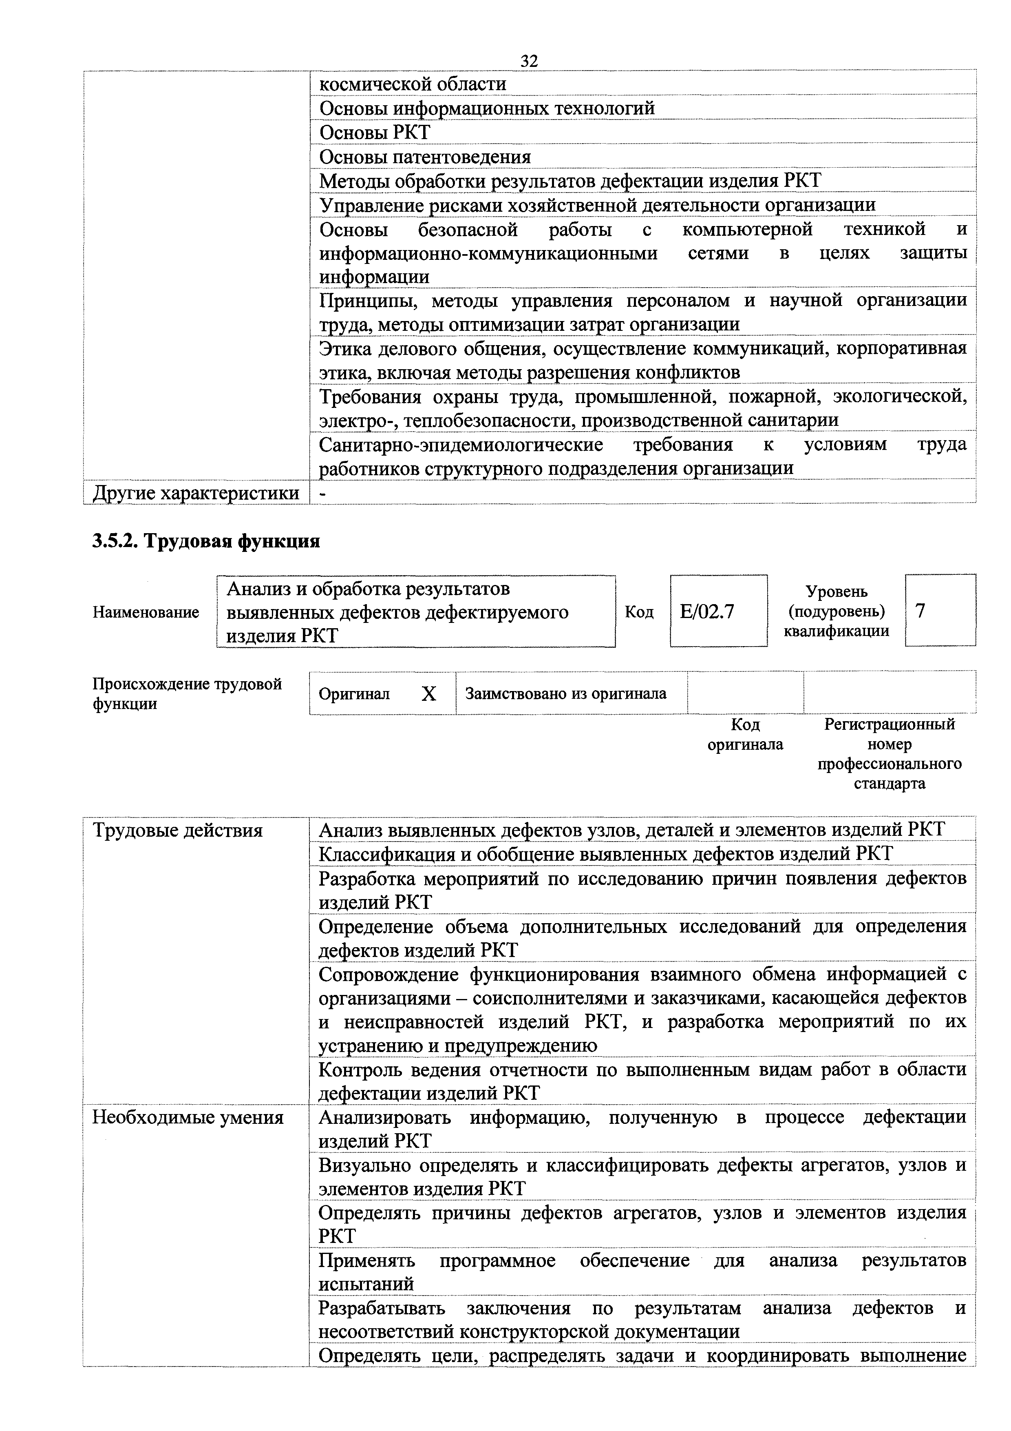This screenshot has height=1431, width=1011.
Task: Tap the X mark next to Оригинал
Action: [428, 694]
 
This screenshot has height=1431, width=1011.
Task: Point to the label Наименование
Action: [146, 612]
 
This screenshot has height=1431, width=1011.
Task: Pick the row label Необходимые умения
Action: [188, 1117]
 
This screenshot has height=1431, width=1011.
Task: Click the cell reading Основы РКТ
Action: [374, 132]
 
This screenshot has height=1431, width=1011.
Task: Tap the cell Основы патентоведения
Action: [425, 156]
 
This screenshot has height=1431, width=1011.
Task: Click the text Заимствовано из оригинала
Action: [565, 693]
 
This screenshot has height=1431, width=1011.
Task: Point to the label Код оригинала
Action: [745, 734]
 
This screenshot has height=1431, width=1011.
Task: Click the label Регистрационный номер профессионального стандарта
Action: [889, 753]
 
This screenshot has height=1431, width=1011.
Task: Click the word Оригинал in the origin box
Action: [354, 694]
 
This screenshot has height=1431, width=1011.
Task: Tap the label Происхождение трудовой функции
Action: [187, 694]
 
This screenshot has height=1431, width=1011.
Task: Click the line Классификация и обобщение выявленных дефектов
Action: [605, 854]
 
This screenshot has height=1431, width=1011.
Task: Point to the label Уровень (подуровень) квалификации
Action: [836, 611]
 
